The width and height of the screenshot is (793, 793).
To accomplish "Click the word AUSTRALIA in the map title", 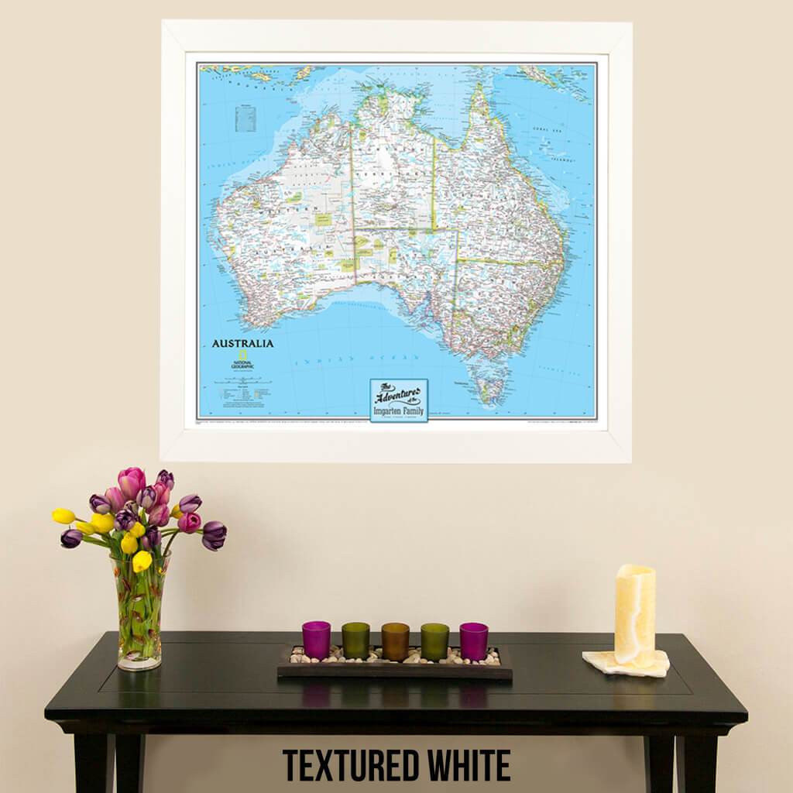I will (x=242, y=343).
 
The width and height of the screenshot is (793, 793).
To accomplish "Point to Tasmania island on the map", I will (x=491, y=386).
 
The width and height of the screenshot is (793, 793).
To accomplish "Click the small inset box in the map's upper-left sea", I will (x=245, y=118).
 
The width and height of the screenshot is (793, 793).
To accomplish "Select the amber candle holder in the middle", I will (x=395, y=641).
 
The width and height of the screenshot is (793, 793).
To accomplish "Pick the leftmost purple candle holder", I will (x=316, y=640).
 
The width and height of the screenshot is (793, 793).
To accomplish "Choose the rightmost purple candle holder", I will (x=474, y=640).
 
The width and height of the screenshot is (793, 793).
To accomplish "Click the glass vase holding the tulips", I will (x=140, y=612).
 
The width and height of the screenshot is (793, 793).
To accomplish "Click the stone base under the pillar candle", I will (x=626, y=664).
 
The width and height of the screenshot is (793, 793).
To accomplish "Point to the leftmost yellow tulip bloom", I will (x=64, y=516).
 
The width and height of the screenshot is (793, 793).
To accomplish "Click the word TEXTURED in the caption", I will (x=355, y=765).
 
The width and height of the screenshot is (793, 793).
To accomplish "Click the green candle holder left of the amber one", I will (x=355, y=640).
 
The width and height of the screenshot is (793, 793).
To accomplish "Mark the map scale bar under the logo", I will (x=242, y=381).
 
